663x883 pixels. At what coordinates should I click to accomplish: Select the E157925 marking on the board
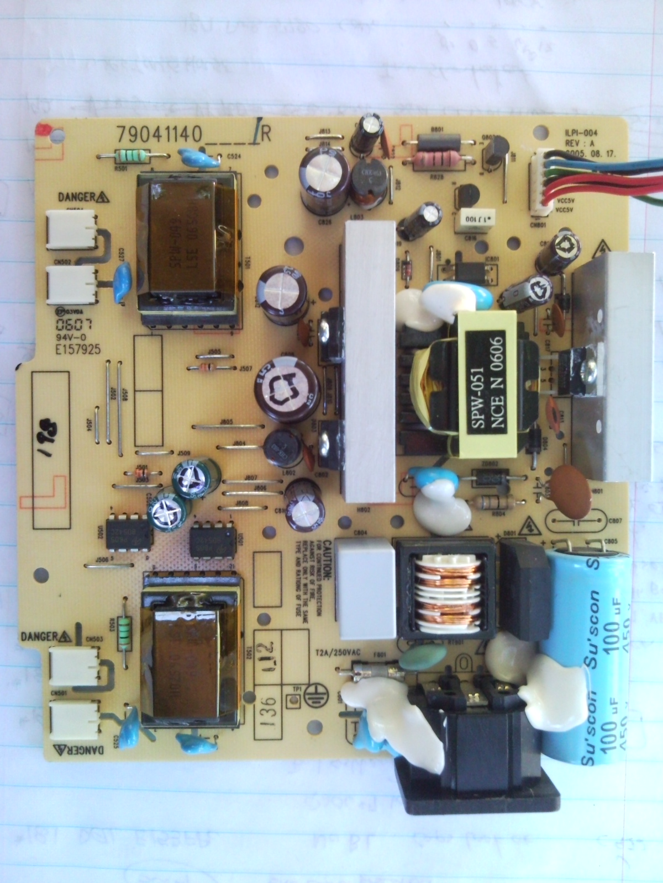[82, 349]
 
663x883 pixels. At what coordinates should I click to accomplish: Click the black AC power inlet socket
[475, 734]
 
